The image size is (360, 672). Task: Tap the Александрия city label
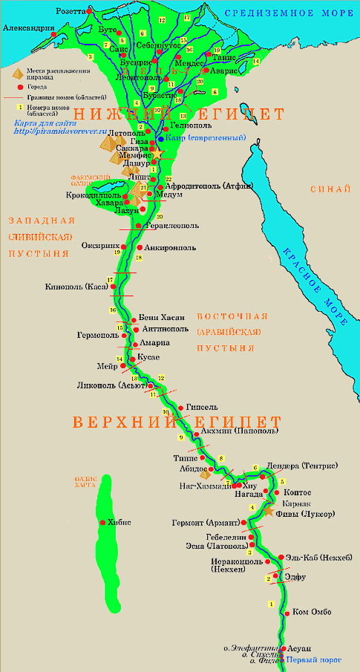click(x=28, y=27)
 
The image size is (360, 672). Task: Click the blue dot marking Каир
click(x=160, y=138)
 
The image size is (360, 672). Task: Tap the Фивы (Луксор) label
click(x=305, y=512)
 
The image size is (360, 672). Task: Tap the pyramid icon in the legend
click(x=11, y=72)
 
